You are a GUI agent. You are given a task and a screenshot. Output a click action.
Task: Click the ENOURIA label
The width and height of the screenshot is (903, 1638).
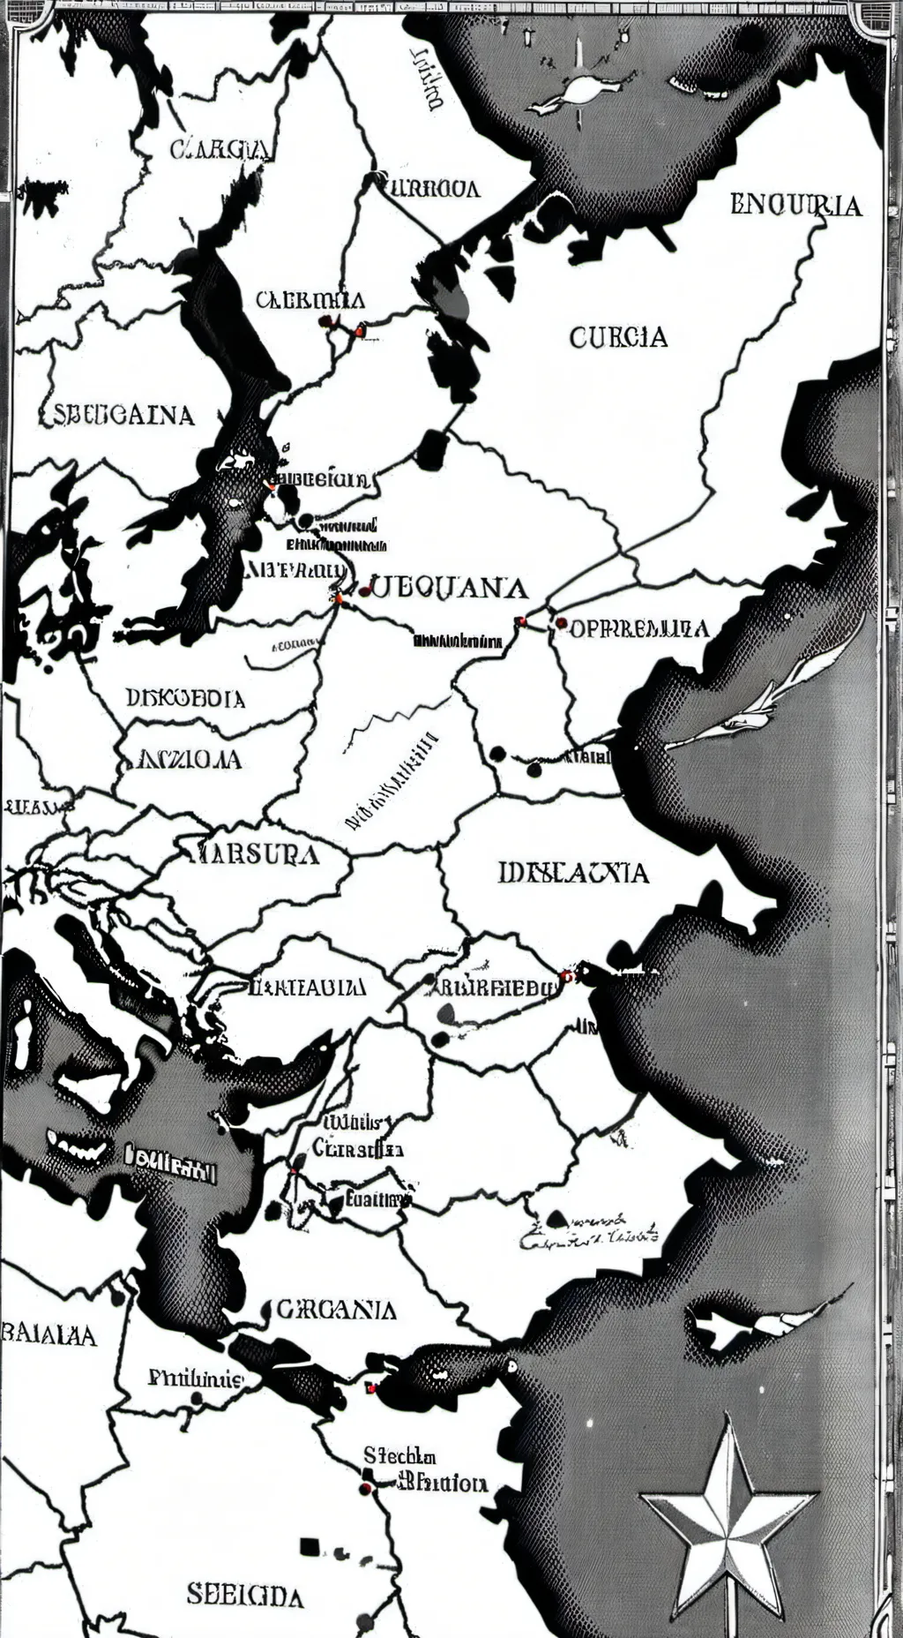[795, 205]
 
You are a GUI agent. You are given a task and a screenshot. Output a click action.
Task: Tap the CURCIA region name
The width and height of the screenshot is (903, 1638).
[618, 336]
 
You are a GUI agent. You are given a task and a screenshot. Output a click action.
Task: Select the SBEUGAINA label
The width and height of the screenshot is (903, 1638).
[118, 414]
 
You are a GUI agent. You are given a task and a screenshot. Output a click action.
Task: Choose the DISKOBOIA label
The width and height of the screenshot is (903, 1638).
[185, 698]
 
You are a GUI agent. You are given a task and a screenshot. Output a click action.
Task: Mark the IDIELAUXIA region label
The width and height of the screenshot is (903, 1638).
[573, 873]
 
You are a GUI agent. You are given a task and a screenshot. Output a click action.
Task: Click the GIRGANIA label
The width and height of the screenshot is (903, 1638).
[336, 1309]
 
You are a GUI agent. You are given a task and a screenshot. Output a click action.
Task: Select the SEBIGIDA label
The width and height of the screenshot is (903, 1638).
[245, 1594]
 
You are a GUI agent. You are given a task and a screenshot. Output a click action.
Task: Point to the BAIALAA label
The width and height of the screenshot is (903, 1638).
[49, 1334]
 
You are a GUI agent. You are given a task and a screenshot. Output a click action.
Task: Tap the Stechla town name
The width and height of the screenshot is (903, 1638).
[399, 1456]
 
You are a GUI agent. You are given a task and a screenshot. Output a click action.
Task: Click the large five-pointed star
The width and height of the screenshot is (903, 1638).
[727, 1499]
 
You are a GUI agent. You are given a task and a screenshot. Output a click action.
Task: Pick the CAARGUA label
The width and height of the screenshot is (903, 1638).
[220, 148]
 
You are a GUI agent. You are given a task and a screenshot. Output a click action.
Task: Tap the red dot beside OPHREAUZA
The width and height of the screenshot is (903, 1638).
[561, 623]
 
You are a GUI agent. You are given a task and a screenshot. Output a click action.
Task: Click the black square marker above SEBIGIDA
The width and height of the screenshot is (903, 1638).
[309, 1545]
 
